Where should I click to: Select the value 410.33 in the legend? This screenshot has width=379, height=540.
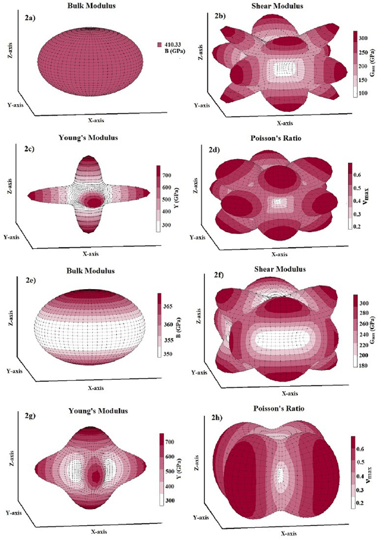174,45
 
